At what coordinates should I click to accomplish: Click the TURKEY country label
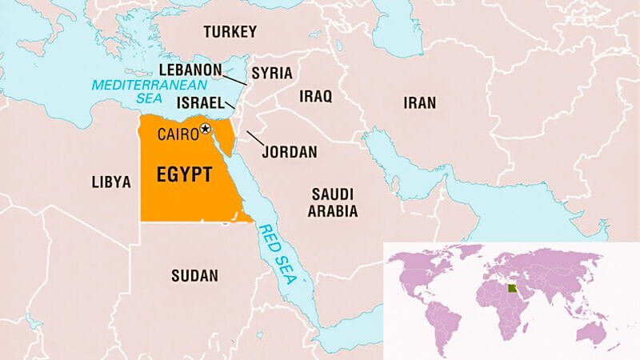(230, 32)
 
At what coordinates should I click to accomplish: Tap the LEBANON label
(190, 70)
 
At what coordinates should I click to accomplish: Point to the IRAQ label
(315, 96)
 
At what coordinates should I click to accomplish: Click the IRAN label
(419, 102)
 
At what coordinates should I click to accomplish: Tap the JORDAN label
(290, 151)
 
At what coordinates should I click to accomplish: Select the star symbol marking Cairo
(206, 128)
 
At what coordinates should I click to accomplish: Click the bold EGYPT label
(184, 174)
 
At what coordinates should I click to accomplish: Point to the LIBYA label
(111, 182)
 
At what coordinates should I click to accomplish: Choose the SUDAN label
(194, 276)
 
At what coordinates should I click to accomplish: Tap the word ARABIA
(327, 210)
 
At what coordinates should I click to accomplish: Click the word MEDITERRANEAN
(134, 84)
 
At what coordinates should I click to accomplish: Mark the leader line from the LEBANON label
(234, 79)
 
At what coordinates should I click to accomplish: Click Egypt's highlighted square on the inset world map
(513, 286)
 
